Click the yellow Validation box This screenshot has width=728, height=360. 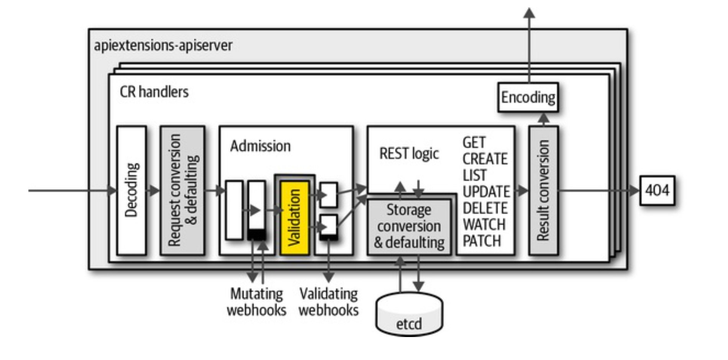(x=294, y=218)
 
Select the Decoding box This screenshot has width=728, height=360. (x=131, y=190)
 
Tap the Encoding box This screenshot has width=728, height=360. (x=528, y=97)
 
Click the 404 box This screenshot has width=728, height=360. (x=657, y=190)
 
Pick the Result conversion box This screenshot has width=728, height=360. (x=543, y=190)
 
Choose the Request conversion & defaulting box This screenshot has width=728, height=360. (x=182, y=190)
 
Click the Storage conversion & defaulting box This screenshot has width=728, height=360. (x=409, y=226)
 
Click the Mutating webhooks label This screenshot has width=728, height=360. (x=256, y=302)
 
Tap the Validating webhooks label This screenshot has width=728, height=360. (x=328, y=302)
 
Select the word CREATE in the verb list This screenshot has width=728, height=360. (x=485, y=159)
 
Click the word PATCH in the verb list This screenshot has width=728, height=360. (x=482, y=241)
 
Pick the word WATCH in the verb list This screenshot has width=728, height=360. (x=484, y=224)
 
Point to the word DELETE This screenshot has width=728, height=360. (x=485, y=208)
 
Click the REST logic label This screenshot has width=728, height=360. (x=409, y=154)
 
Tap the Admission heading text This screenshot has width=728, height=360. (x=260, y=146)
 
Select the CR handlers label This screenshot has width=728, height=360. (x=154, y=92)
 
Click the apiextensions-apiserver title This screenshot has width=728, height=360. (x=163, y=45)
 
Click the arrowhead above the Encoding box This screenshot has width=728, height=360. (x=529, y=13)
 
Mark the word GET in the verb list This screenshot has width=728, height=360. (x=474, y=142)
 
